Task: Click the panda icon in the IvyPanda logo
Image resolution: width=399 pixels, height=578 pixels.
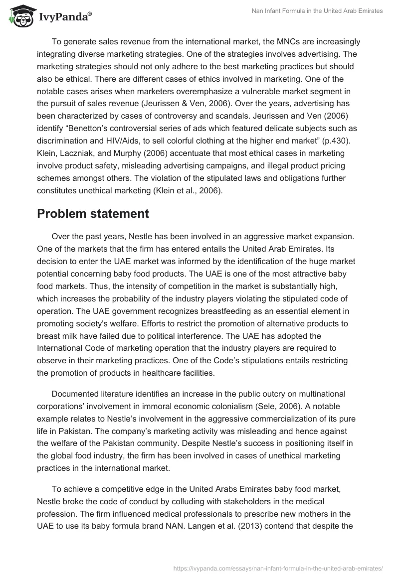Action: point(20,16)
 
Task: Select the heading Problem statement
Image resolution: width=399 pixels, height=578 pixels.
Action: point(93,214)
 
